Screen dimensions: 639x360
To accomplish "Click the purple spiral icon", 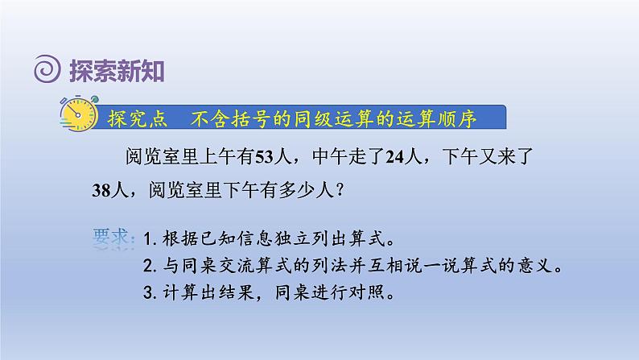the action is coord(47,69).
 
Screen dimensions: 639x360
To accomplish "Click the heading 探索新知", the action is coord(117,71).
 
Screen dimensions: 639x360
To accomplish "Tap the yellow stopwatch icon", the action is coord(79,114).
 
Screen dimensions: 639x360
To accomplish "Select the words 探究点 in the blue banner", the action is coord(138,118).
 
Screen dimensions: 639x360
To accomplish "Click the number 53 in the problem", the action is coord(264,157).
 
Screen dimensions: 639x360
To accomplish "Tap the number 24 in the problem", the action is coord(394,157).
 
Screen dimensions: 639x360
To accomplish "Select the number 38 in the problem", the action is coord(101,190).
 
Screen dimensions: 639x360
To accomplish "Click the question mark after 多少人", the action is coord(340,191).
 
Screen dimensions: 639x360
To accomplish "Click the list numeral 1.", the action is coord(147,239).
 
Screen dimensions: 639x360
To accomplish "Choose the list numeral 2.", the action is coord(148,267).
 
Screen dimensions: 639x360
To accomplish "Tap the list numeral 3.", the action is coord(148,292).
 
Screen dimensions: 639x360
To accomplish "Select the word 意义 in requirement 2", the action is coord(535,266).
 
